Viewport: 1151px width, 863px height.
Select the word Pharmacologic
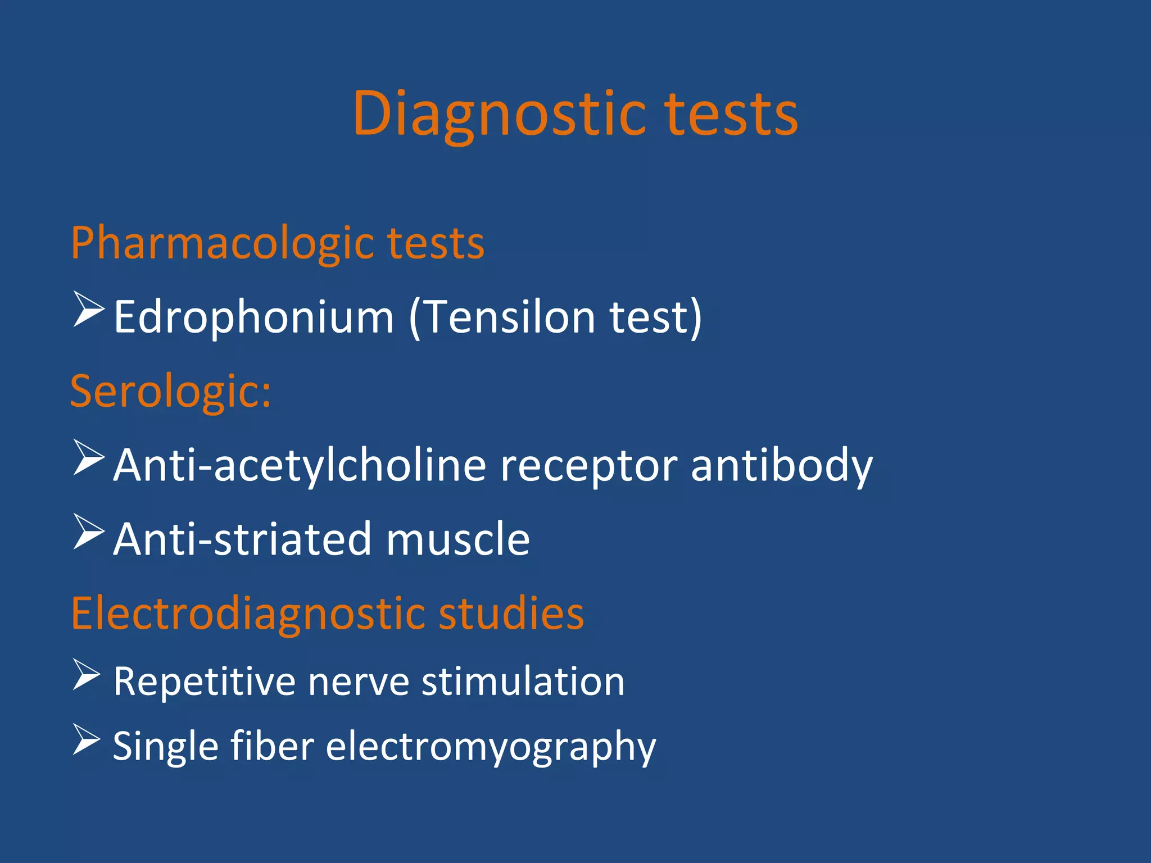[x=223, y=244]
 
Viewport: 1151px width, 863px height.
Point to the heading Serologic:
[x=170, y=392]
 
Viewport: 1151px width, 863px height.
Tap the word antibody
[x=782, y=466]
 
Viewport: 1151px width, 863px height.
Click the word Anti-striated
[x=242, y=539]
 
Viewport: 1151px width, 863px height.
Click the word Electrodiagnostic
[x=247, y=614]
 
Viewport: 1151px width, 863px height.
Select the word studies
[x=511, y=614]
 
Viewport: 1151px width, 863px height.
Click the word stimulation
[x=523, y=682]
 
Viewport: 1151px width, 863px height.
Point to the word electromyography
[x=491, y=747]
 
